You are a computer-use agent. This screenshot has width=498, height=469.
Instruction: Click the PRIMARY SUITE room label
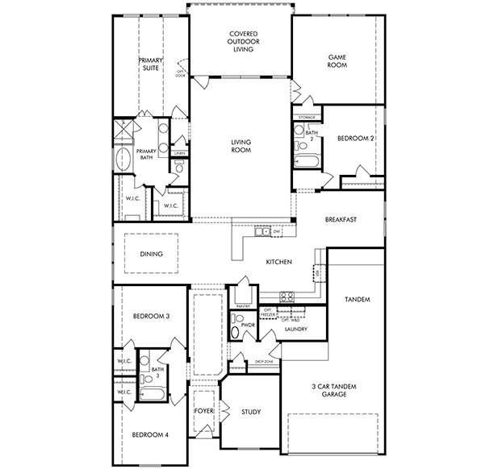click(x=150, y=64)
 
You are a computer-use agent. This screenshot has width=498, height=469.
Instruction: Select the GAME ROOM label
click(x=337, y=61)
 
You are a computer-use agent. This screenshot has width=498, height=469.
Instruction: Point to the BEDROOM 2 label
click(x=356, y=139)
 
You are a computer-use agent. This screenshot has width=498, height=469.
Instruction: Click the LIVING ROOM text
click(x=241, y=146)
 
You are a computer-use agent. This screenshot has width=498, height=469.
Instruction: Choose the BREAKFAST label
click(x=341, y=219)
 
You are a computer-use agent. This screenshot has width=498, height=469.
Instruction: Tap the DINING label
click(x=151, y=254)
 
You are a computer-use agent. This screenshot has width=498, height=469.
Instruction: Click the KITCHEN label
click(x=279, y=263)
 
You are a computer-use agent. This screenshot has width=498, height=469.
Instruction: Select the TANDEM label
click(x=357, y=299)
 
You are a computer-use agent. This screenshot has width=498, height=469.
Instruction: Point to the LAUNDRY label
click(x=295, y=329)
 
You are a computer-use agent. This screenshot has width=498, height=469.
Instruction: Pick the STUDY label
click(x=250, y=412)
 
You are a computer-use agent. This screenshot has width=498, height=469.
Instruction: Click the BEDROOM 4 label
click(x=151, y=435)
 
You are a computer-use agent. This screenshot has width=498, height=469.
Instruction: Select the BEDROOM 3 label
click(x=151, y=316)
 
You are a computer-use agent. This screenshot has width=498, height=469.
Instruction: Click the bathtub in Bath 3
click(x=152, y=394)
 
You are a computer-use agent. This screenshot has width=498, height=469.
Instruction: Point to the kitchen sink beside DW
click(x=262, y=232)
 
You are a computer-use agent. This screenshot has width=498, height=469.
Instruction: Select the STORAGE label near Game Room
click(x=307, y=118)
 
